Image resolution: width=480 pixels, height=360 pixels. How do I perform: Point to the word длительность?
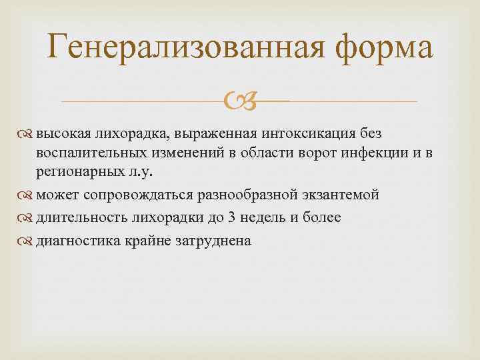(75, 217)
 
